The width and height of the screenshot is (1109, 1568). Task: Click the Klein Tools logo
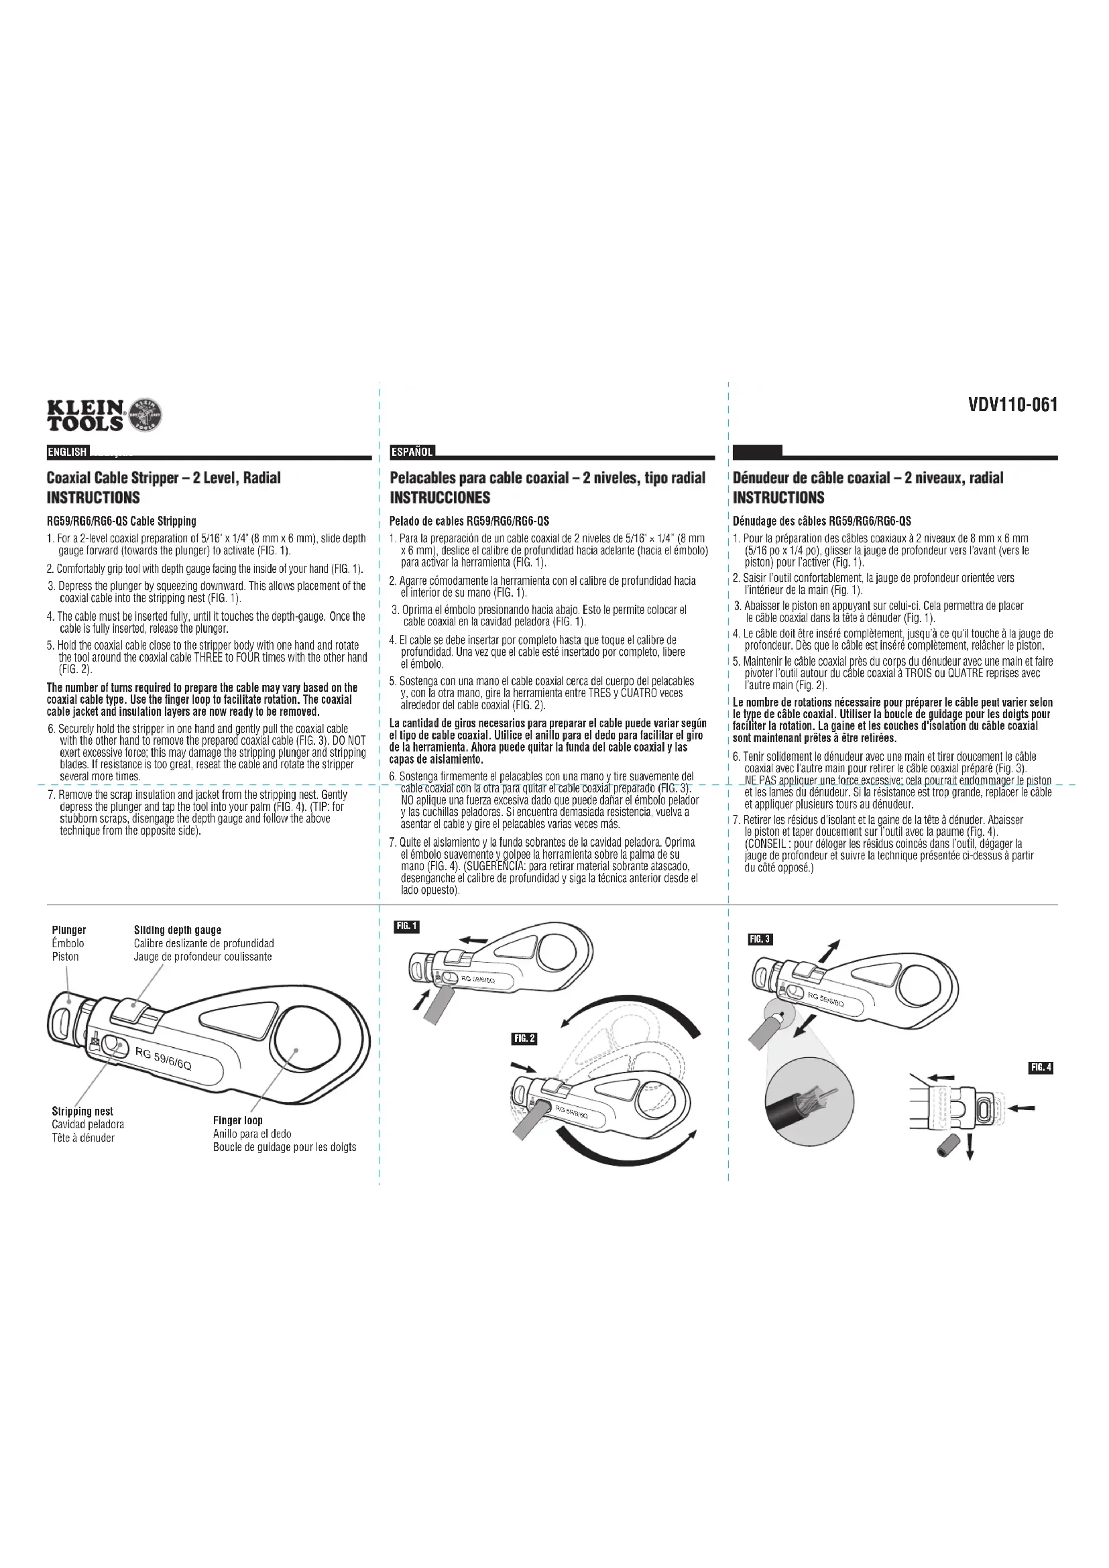point(105,414)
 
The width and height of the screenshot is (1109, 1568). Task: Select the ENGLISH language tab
point(67,452)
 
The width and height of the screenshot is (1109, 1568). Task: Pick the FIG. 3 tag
point(760,940)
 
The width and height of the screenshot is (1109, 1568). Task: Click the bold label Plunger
point(69,930)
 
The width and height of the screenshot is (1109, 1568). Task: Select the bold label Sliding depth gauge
point(177,930)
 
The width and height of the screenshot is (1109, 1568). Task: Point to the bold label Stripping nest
point(82,1111)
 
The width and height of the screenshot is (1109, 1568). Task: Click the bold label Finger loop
point(237,1121)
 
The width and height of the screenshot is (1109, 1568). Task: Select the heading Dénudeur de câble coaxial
point(868,478)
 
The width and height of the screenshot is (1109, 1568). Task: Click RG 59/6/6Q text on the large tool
point(164,1059)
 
